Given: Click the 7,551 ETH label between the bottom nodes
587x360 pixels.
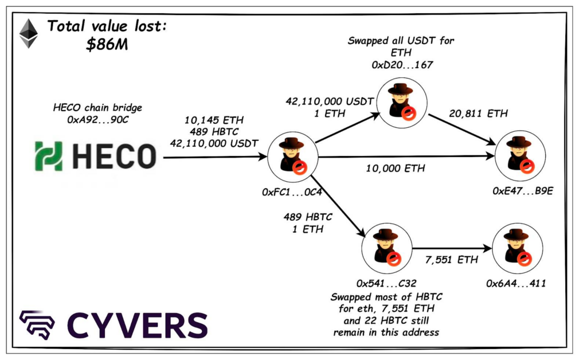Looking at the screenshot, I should click(451, 260).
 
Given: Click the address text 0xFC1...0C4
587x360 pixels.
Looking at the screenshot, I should click(292, 192).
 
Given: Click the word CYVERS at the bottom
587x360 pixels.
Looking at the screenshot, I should click(137, 325).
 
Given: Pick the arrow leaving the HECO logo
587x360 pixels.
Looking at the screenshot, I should click(216, 156).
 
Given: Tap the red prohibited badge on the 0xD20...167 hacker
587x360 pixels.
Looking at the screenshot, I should click(409, 113).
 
